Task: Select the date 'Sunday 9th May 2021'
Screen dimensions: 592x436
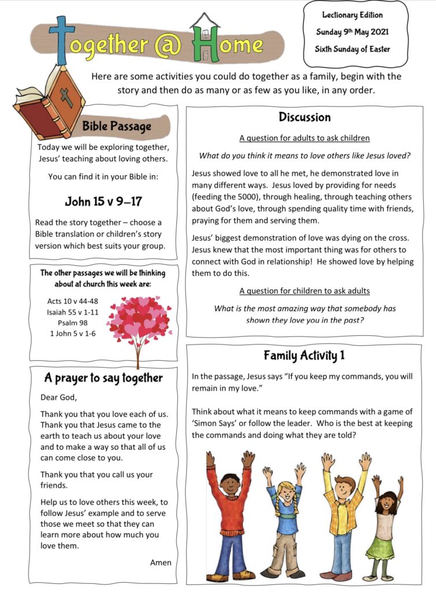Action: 352,32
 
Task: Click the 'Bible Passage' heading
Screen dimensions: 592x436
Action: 116,126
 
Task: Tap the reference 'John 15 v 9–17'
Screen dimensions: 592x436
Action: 104,202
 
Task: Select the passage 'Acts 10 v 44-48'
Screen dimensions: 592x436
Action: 73,301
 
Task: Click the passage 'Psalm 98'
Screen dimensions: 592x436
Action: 73,323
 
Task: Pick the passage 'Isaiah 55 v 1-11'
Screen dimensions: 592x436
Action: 73,312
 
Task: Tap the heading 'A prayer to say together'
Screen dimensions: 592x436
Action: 104,378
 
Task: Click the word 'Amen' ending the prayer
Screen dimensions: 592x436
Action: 161,562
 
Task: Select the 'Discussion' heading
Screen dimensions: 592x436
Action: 305,117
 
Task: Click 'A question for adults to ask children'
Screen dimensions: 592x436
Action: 305,138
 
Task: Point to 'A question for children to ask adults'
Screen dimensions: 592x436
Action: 305,291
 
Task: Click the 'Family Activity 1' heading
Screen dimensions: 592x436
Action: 304,355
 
